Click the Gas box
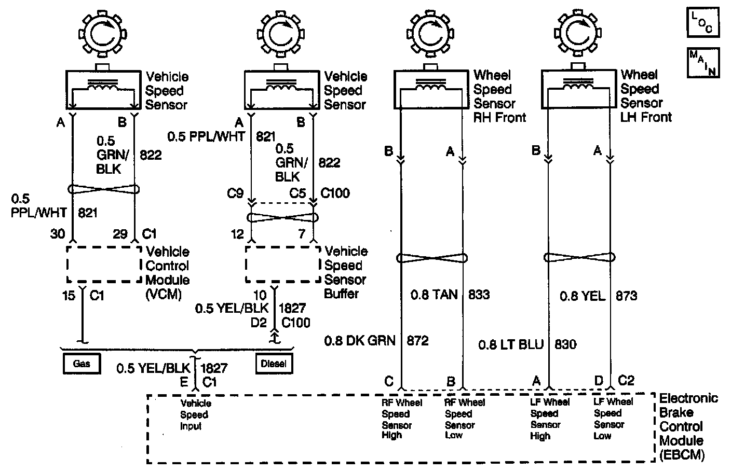click(82, 364)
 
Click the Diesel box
click(274, 364)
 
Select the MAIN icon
click(703, 63)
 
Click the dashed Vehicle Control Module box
click(104, 264)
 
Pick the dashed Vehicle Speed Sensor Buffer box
click(282, 264)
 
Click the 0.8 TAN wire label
click(434, 295)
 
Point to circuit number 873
click(626, 296)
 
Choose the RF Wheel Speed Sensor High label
click(402, 419)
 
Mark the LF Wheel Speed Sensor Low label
click(613, 419)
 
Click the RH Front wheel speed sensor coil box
click(430, 89)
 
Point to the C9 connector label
click(235, 193)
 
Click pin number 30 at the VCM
click(58, 234)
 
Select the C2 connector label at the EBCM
click(627, 381)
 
